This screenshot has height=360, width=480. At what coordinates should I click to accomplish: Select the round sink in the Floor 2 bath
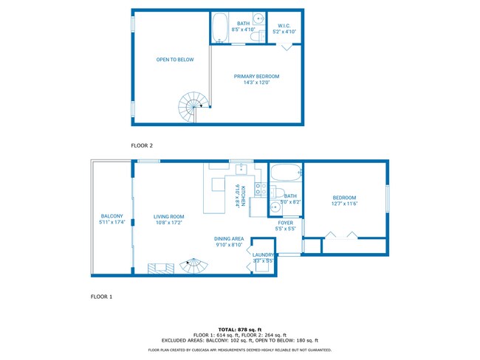click(x=258, y=19)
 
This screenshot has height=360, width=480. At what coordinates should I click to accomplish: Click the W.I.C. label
click(x=284, y=26)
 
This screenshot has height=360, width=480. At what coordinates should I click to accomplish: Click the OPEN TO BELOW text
click(x=170, y=60)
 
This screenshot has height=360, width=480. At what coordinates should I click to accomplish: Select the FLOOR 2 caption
click(x=142, y=145)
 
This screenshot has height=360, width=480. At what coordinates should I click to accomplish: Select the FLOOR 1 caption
click(x=101, y=297)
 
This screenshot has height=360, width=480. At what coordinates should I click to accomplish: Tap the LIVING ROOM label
click(x=168, y=216)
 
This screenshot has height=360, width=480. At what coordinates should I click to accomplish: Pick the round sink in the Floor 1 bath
click(x=274, y=206)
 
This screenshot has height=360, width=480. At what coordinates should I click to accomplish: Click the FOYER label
click(x=286, y=222)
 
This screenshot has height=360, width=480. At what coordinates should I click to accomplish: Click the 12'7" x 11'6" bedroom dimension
click(x=344, y=204)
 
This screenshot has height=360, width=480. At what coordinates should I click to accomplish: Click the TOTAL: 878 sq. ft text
click(x=239, y=329)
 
